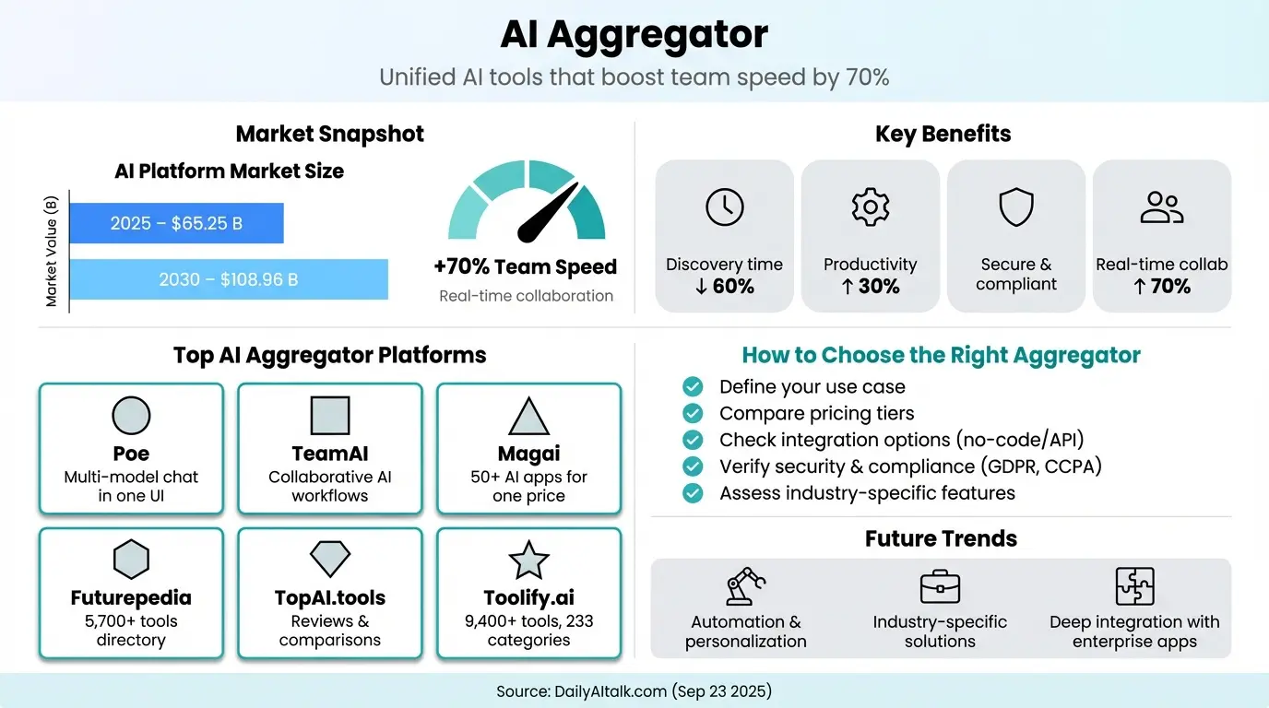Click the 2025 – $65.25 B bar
[x=176, y=223]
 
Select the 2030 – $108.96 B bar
[x=229, y=279]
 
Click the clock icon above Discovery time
[x=724, y=207]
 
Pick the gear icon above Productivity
[x=870, y=207]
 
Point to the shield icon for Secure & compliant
[x=1015, y=207]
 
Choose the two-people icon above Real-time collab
[x=1161, y=207]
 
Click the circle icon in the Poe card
[x=131, y=416]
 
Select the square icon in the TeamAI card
[x=329, y=416]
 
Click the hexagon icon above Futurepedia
[x=131, y=560]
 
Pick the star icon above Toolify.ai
[x=528, y=560]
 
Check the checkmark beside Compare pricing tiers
[x=692, y=413]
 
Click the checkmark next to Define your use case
[x=692, y=386]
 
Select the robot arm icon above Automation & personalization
[x=745, y=585]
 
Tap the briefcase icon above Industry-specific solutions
[x=940, y=586]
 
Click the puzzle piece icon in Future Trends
[x=1134, y=585]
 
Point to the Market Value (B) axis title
[x=52, y=251]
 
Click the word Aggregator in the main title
[x=658, y=35]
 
